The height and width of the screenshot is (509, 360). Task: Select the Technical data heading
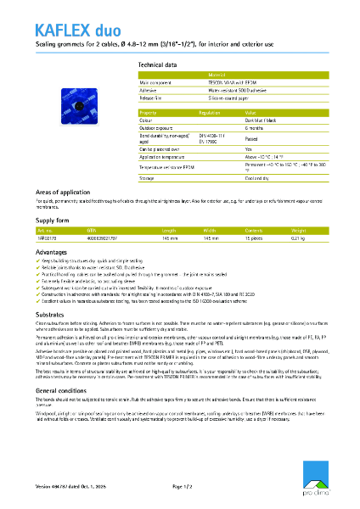pos(157,64)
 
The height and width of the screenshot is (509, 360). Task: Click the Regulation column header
pos(210,112)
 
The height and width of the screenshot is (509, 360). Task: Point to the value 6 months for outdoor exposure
pos(256,127)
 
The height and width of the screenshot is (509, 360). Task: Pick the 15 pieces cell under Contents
pos(256,239)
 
